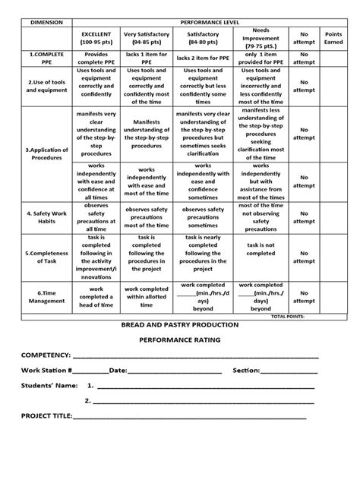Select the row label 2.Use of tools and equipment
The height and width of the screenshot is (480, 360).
pyautogui.click(x=46, y=85)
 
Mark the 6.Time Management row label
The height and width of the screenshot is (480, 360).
pyautogui.click(x=46, y=298)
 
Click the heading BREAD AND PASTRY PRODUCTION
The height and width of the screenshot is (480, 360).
pyautogui.click(x=180, y=325)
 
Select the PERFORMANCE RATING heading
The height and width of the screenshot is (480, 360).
pyautogui.click(x=180, y=340)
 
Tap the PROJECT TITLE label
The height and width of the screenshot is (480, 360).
pyautogui.click(x=46, y=416)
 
